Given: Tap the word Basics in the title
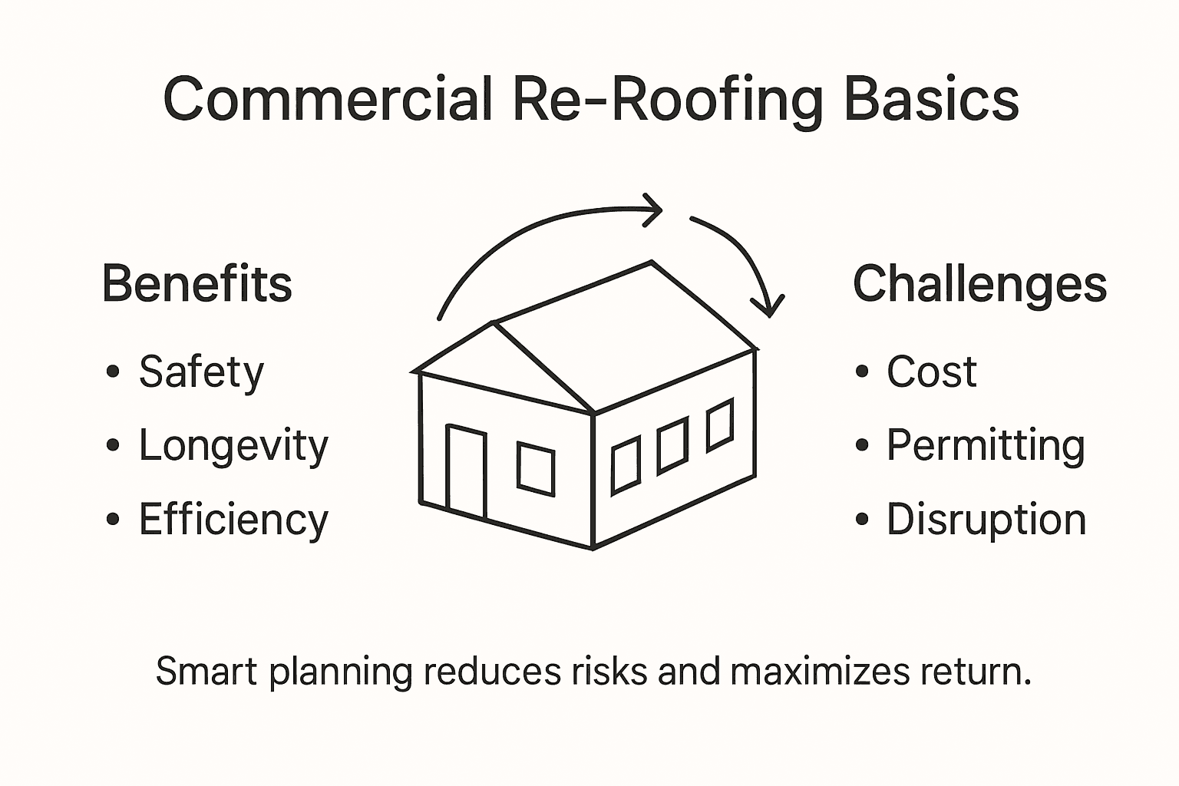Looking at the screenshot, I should pyautogui.click(x=931, y=100).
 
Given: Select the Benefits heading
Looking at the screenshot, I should pyautogui.click(x=196, y=284).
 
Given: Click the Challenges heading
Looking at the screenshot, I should pyautogui.click(x=979, y=284).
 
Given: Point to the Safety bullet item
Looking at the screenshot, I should pyautogui.click(x=201, y=373).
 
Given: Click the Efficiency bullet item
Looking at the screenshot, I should pyautogui.click(x=233, y=520).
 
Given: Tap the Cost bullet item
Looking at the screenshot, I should pyautogui.click(x=931, y=373).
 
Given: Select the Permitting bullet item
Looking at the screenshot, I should pyautogui.click(x=986, y=446).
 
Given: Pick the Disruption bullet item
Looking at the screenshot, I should pyautogui.click(x=986, y=520).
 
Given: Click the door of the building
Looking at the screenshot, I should pyautogui.click(x=466, y=471).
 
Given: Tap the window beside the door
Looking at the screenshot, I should pyautogui.click(x=536, y=468).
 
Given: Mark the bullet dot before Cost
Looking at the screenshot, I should pyautogui.click(x=862, y=372).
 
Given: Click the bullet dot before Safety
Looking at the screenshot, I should pyautogui.click(x=114, y=372).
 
